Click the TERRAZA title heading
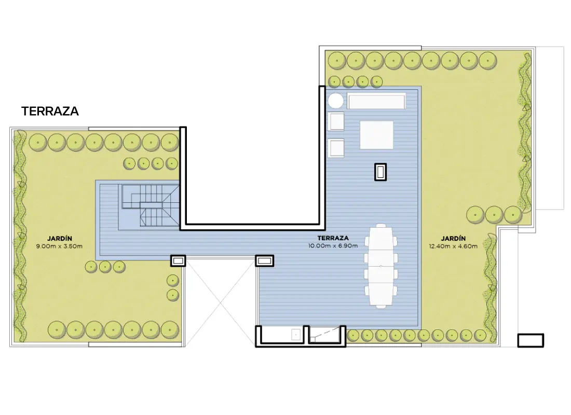pyautogui.click(x=50, y=111)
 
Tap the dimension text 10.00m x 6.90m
pyautogui.click(x=333, y=246)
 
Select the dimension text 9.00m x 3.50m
pyautogui.click(x=59, y=246)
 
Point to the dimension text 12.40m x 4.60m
pyautogui.click(x=453, y=246)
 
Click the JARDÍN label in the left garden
pyautogui.click(x=59, y=239)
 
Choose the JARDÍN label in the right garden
pyautogui.click(x=453, y=239)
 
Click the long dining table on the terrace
pyautogui.click(x=381, y=266)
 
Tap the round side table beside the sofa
pyautogui.click(x=335, y=101)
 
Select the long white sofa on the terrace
pyautogui.click(x=376, y=101)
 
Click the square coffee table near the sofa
pyautogui.click(x=376, y=135)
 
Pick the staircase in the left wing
pyautogui.click(x=149, y=205)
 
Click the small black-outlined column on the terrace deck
pyautogui.click(x=380, y=172)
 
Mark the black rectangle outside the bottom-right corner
pyautogui.click(x=531, y=340)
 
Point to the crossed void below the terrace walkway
pyautogui.click(x=221, y=301)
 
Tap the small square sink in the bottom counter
pyautogui.click(x=296, y=335)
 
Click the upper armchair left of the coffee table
pyautogui.click(x=336, y=121)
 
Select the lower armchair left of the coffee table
pyautogui.click(x=336, y=148)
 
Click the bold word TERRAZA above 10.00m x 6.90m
pyautogui.click(x=333, y=238)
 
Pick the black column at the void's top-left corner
pyautogui.click(x=178, y=260)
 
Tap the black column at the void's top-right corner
pyautogui.click(x=264, y=260)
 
